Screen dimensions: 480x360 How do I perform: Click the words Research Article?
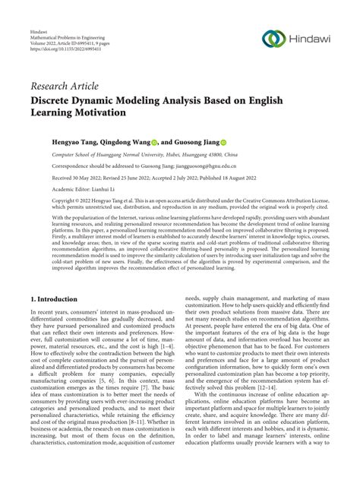click(x=65, y=87)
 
